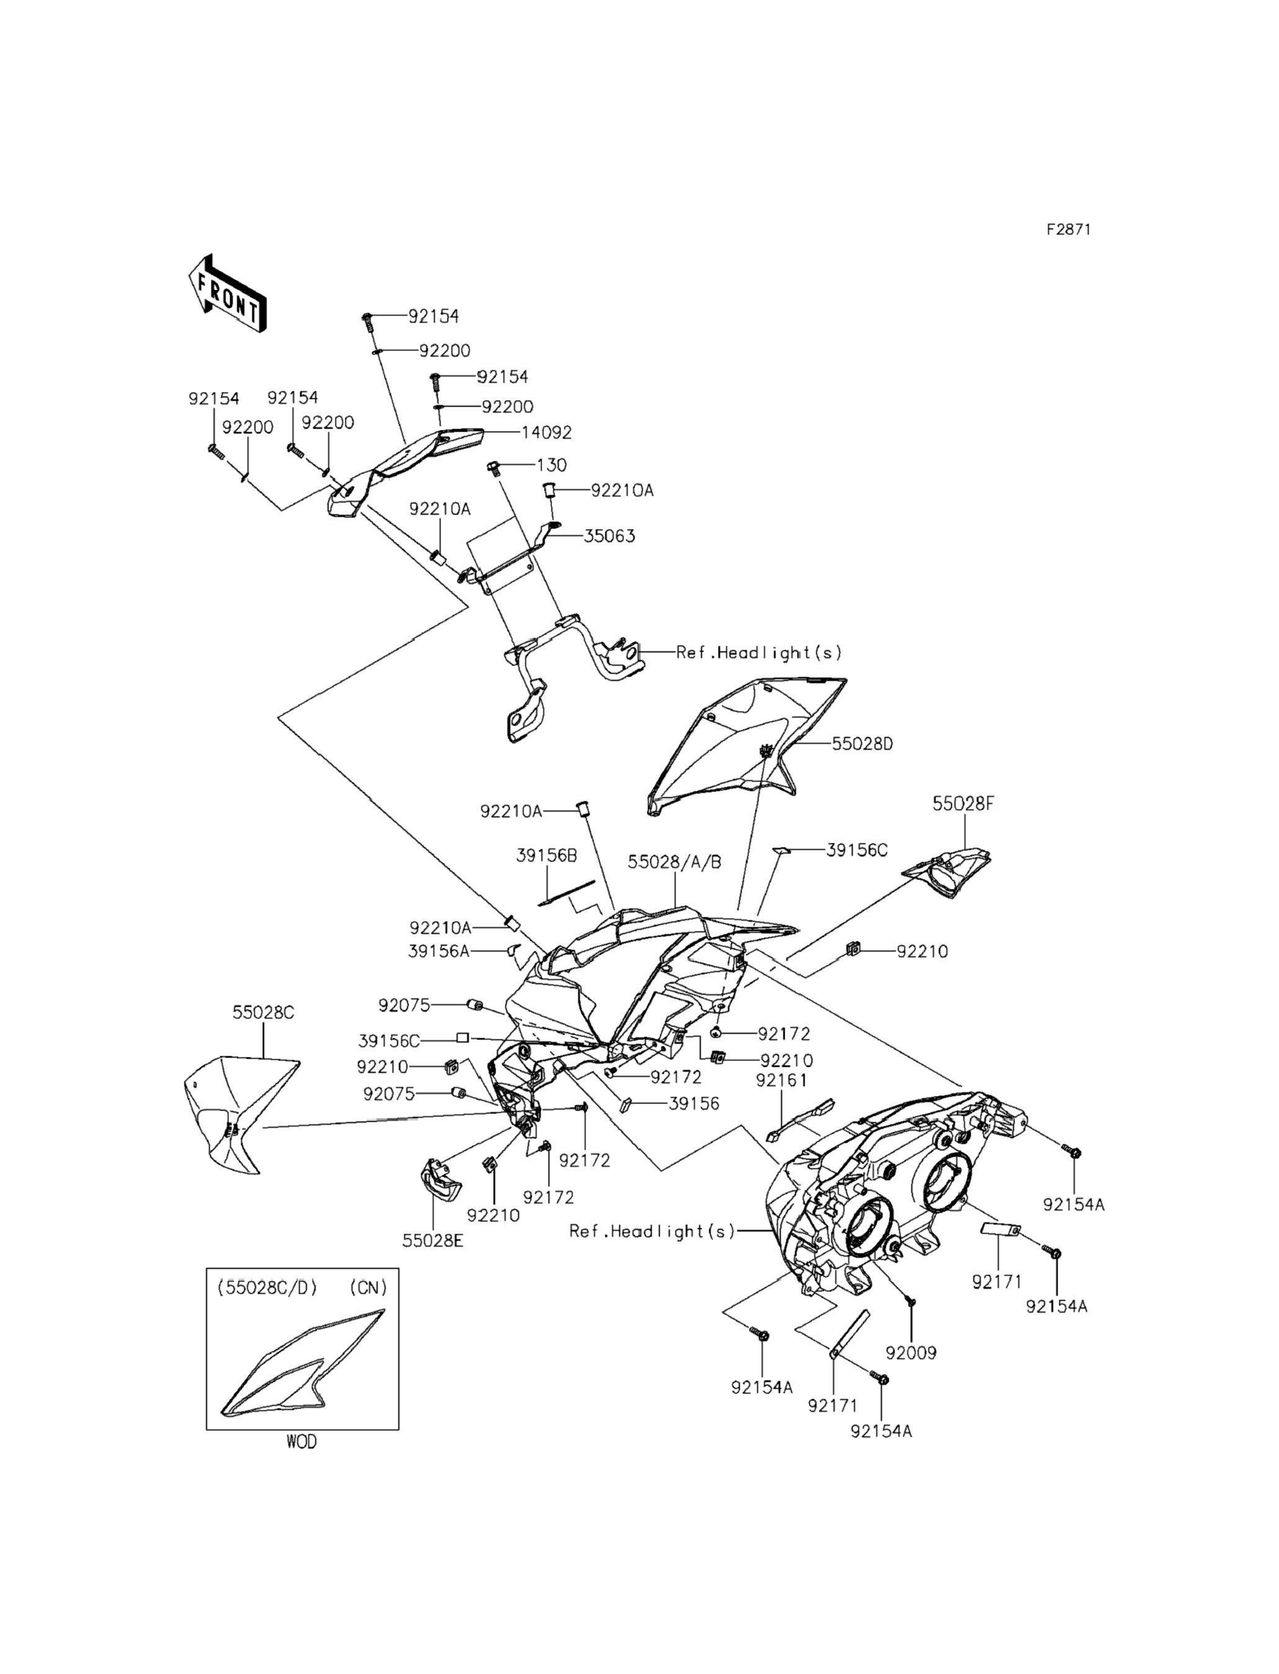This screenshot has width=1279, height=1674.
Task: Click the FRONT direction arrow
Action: pos(227,293)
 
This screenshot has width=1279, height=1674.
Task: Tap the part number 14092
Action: pos(546,432)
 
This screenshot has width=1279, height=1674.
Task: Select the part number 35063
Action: pos(609,536)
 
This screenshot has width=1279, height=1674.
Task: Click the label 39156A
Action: pos(439,951)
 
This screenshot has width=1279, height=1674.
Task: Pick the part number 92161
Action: pos(782,1080)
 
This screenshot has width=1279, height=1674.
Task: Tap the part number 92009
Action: pos(911,1353)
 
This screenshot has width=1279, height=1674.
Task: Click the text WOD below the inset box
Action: pos(301,1442)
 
